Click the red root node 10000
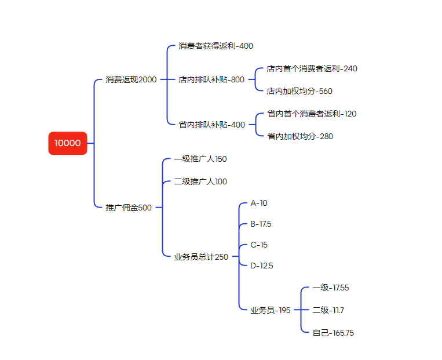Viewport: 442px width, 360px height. click(68, 143)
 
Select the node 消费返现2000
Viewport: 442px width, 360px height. click(131, 79)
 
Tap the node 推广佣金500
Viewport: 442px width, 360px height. click(129, 208)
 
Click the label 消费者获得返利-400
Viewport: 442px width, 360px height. click(215, 46)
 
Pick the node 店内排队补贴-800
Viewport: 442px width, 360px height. click(211, 79)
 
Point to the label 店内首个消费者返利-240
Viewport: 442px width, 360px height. click(312, 68)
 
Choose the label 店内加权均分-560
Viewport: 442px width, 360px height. click(299, 91)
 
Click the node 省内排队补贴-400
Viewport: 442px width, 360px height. click(211, 125)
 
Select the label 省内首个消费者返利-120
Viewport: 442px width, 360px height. click(312, 114)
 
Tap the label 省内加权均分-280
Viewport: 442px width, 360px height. click(300, 136)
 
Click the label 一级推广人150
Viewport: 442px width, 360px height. click(200, 159)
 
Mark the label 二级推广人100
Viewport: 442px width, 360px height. click(200, 181)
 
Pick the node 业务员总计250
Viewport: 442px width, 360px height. click(201, 257)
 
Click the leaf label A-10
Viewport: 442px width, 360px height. click(259, 203)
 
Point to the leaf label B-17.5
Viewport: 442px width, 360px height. click(261, 224)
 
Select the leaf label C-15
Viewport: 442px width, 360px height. click(259, 245)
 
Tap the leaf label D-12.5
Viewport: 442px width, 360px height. click(261, 266)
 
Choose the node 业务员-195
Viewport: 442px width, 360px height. click(271, 310)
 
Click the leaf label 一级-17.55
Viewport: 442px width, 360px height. click(331, 288)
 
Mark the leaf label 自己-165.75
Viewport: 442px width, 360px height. click(333, 333)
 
